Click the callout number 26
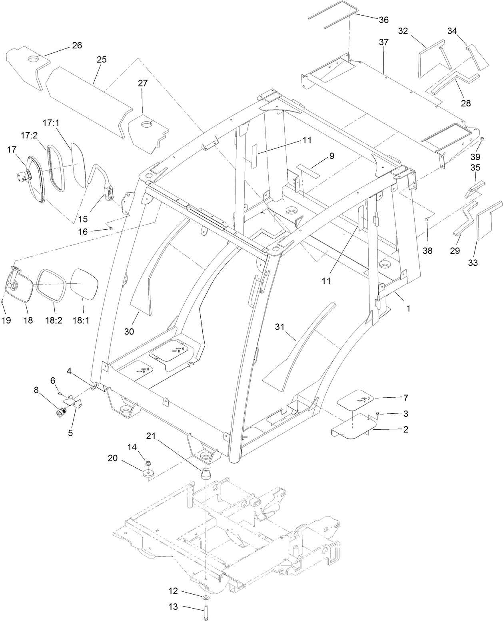point(77,45)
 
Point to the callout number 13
point(173,607)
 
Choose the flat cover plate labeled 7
point(355,401)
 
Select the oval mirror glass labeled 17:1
point(78,164)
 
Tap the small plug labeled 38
point(427,219)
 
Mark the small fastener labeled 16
point(111,228)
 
